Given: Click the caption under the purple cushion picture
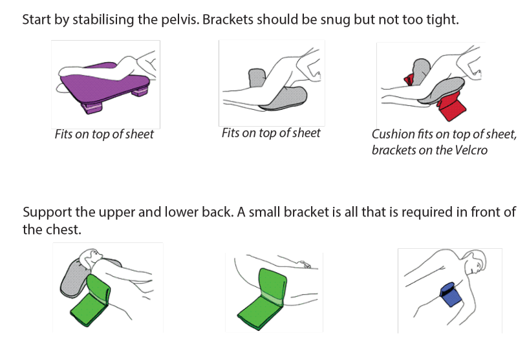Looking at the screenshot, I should click(104, 134).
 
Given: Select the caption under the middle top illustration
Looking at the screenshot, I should click(271, 133).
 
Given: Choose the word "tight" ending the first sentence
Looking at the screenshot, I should click(444, 19).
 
